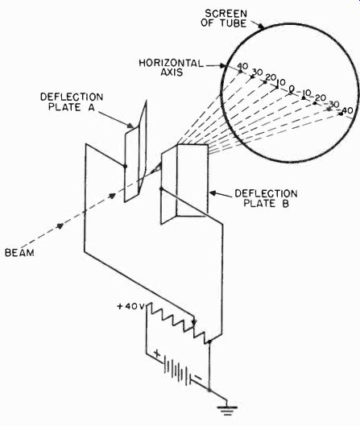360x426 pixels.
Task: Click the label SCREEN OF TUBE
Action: click(x=224, y=19)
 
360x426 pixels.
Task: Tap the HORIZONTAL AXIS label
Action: click(x=172, y=68)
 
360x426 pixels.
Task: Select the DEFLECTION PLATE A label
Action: click(x=72, y=102)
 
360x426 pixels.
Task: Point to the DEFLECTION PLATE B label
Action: click(x=266, y=198)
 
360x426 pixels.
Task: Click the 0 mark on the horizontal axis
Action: click(x=292, y=89)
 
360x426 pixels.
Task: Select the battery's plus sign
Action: click(x=157, y=354)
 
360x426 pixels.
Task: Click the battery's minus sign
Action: click(x=198, y=378)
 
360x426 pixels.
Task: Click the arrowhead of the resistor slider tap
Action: click(x=194, y=322)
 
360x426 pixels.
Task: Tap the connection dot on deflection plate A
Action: click(x=126, y=166)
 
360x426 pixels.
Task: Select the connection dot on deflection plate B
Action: click(x=161, y=188)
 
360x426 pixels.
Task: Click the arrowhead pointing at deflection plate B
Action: click(x=213, y=193)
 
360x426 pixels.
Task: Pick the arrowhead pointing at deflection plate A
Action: click(x=130, y=126)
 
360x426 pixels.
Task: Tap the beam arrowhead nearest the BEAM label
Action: click(x=60, y=225)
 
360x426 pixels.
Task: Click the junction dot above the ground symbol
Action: click(x=209, y=390)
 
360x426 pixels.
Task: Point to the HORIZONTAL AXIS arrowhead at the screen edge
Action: click(x=222, y=65)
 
